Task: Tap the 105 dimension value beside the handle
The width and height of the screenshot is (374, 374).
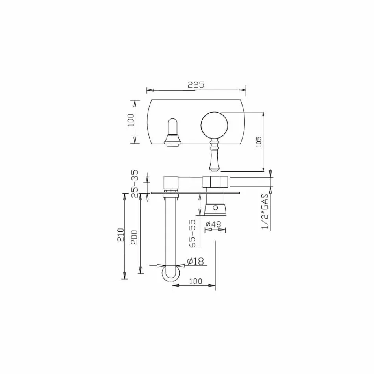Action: click(x=259, y=142)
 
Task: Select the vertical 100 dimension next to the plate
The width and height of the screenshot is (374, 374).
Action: click(x=131, y=120)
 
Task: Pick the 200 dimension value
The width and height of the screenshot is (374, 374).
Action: click(x=135, y=236)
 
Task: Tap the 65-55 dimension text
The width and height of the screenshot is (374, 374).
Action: click(x=193, y=233)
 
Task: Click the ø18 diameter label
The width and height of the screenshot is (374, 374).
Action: click(x=195, y=261)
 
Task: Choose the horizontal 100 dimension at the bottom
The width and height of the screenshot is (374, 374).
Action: click(x=195, y=281)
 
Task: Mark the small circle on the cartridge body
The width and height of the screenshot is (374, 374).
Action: click(x=215, y=207)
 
